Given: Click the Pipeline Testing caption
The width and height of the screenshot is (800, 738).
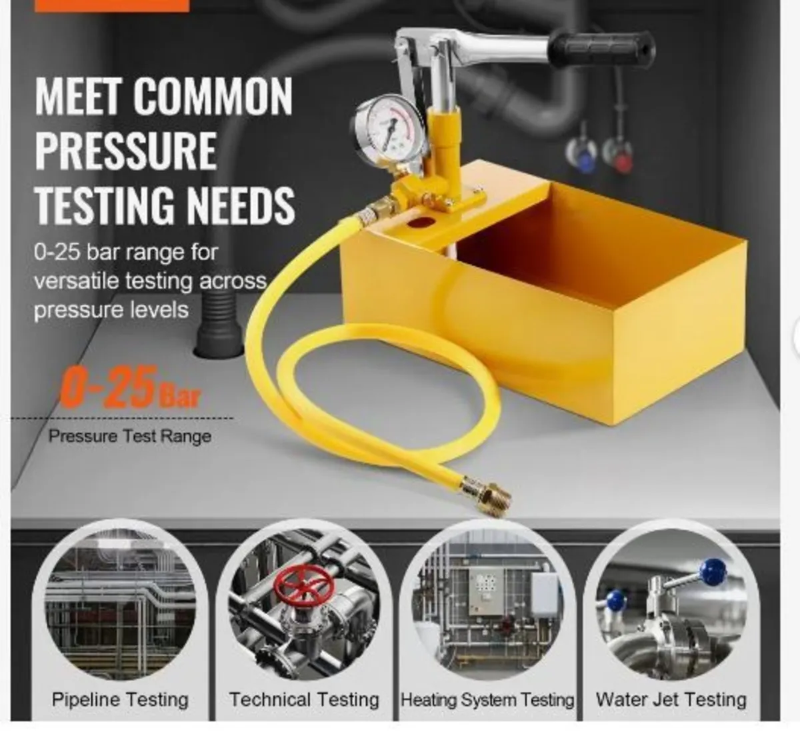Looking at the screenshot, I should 120,699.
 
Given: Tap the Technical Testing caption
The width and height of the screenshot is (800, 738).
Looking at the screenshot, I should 304,699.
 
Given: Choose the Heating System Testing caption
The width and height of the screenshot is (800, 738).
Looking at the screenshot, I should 487,699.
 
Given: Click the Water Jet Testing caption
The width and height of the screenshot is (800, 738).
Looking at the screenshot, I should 671,699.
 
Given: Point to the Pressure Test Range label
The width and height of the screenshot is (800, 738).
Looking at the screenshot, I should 130,437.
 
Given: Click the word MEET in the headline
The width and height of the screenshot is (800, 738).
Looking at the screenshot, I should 79,97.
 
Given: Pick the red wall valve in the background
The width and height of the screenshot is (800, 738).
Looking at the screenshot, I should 621,158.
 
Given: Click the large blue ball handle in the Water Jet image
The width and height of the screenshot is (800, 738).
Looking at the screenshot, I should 714,571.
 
